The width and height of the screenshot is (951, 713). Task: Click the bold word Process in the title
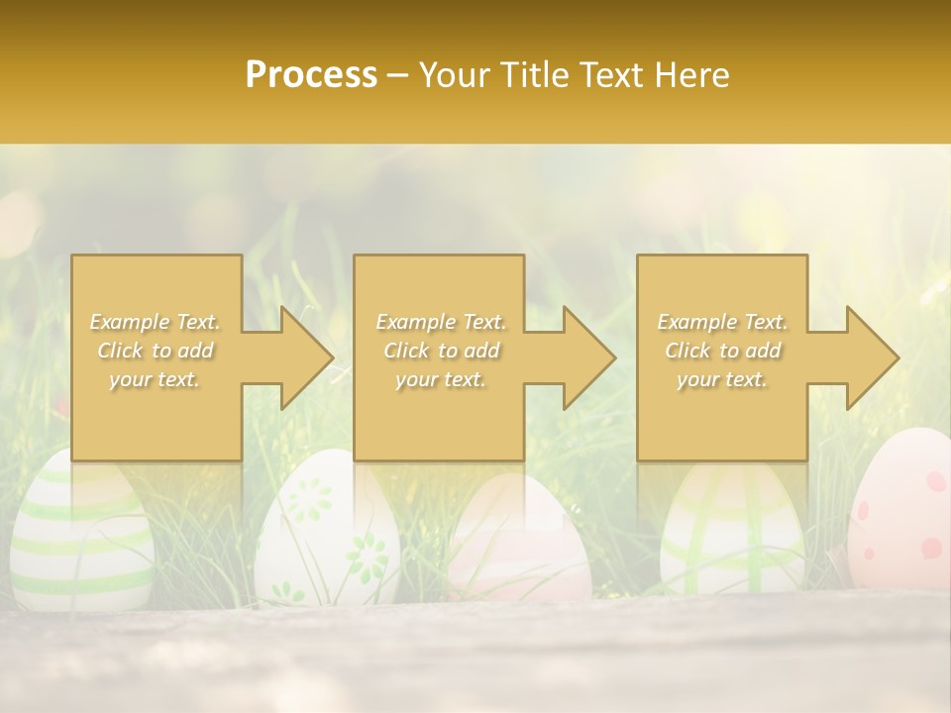tap(311, 75)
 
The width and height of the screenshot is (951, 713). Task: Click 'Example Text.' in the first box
tap(156, 322)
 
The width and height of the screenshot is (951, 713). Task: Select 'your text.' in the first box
tap(156, 379)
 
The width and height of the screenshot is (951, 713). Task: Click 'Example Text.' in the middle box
tap(441, 322)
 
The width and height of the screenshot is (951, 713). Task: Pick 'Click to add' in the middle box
tap(441, 351)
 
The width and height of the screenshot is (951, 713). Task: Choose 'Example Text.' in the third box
tap(722, 322)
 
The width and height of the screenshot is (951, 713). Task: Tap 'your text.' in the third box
tap(722, 379)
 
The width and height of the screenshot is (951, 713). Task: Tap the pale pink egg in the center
tap(520, 545)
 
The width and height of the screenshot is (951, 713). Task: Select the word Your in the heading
tap(455, 75)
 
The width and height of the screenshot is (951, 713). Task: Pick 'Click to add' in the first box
tap(156, 351)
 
